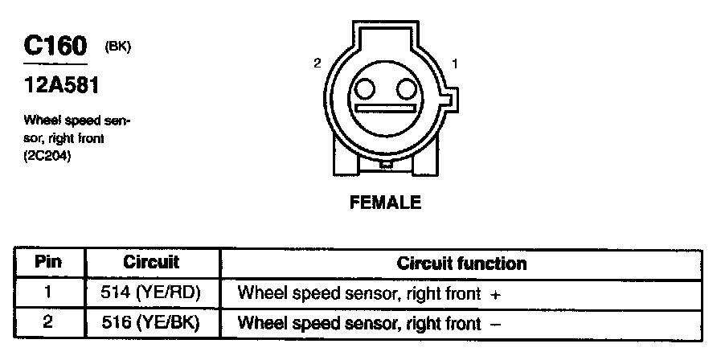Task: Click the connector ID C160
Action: click(55, 45)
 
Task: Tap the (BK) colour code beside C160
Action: click(118, 46)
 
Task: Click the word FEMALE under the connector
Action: click(385, 202)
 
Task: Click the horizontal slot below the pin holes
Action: click(387, 108)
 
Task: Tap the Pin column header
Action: click(49, 263)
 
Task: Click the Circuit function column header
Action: click(461, 264)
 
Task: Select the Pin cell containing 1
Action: click(49, 293)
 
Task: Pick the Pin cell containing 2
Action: click(49, 323)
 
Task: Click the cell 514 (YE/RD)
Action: click(153, 293)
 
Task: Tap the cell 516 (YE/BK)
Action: click(153, 323)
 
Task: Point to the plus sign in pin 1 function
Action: click(495, 295)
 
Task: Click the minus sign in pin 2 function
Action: click(495, 324)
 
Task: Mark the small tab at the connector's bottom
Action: click(387, 166)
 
